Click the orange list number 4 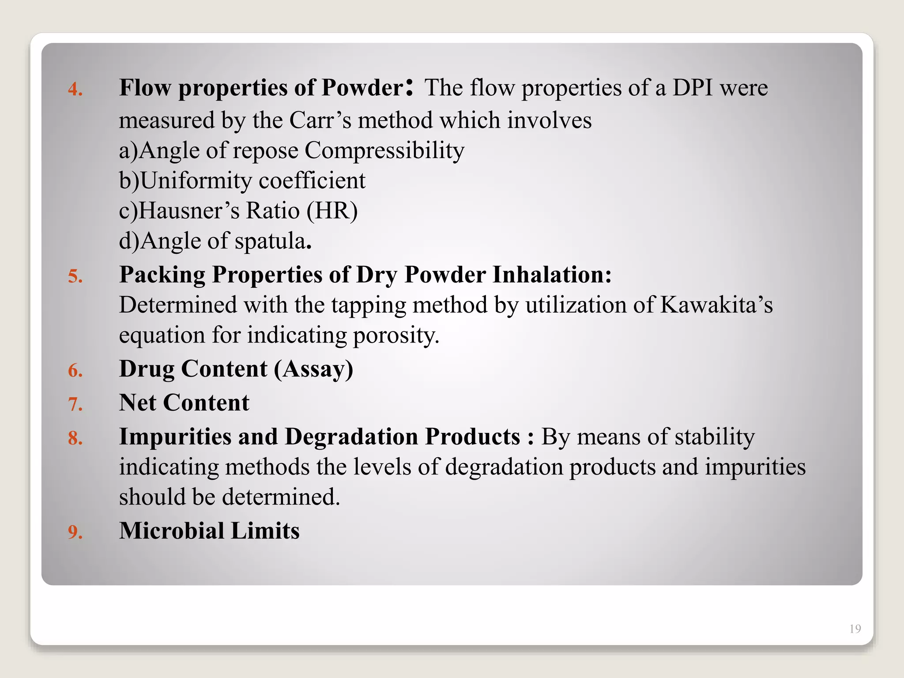click(x=75, y=90)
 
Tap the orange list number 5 click(x=75, y=277)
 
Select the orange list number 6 click(x=75, y=371)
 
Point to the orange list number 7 click(x=75, y=405)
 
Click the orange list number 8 click(x=75, y=438)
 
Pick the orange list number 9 click(x=75, y=532)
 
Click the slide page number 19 click(x=855, y=629)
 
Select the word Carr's click(x=320, y=120)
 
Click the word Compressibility click(x=384, y=151)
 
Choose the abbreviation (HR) click(x=332, y=211)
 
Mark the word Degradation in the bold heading click(x=351, y=437)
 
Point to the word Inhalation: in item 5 click(x=552, y=275)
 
